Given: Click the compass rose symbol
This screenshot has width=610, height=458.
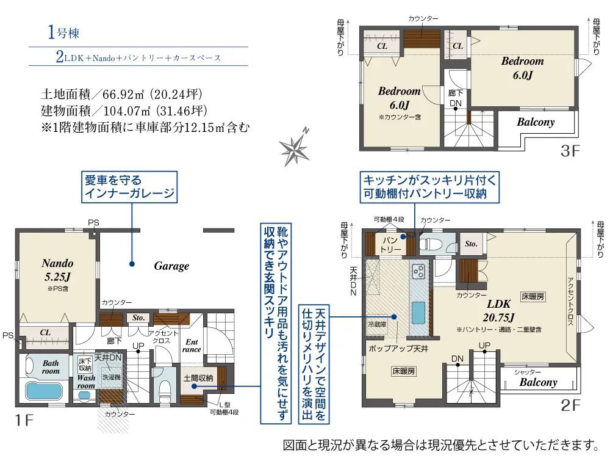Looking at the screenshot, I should coord(296,146).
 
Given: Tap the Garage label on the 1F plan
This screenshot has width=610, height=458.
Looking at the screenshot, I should coord(171,266).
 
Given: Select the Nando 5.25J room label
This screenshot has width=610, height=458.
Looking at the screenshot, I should coord(57,269).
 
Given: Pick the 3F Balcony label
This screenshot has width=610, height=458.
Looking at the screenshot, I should coord(536,122).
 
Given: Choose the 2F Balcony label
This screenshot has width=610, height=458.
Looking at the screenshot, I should coord(538,382).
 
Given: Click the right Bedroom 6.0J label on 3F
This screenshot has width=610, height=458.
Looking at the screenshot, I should coord(522,68).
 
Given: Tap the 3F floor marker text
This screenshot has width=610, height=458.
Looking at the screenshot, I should coord(568,150).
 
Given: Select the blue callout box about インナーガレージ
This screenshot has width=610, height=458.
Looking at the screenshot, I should coord(131,187).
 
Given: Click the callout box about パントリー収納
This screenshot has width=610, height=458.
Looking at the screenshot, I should coord(431,187).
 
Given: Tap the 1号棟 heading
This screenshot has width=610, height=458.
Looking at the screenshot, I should coord(63,33).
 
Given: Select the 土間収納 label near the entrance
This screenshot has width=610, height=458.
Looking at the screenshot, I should coord(198,378).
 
